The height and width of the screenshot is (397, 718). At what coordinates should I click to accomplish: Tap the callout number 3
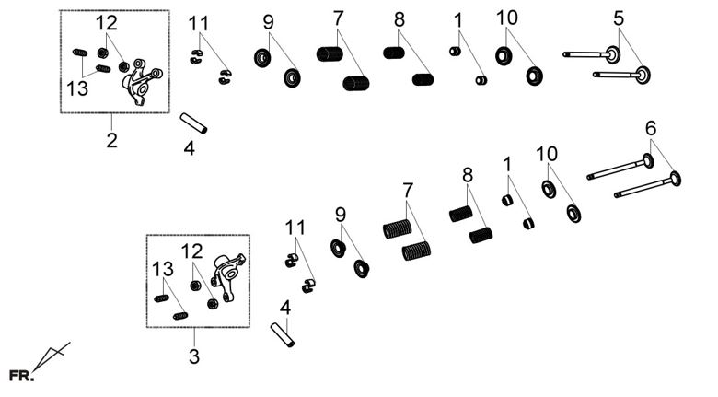pos(193,356)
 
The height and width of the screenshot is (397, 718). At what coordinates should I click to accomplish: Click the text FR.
pos(21,376)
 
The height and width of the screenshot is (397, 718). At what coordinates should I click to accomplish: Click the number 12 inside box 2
pos(107,22)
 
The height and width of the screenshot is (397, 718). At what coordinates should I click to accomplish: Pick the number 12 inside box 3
pos(191,251)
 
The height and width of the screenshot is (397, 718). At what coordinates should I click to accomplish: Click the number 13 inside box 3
pos(162,268)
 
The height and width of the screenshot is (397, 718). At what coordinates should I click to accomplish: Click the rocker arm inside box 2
pos(140,77)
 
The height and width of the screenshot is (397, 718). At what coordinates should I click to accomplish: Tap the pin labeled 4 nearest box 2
pos(193,123)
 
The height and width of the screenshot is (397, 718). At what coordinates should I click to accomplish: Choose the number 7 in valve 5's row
pos(338,18)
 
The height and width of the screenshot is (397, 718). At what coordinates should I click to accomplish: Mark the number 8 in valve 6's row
pos(468,174)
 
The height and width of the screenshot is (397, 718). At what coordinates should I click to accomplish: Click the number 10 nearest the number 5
pos(506,18)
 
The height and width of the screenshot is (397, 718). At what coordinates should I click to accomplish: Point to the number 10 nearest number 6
pos(547,153)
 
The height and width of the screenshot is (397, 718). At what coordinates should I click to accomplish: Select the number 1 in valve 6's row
pos(506,164)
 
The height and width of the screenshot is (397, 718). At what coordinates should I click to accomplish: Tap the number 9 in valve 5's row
pos(268,21)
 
